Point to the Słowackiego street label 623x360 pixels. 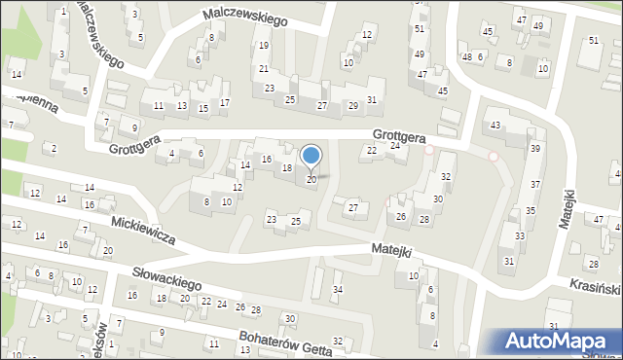(x=161, y=275)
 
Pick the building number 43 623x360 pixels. (x=495, y=126)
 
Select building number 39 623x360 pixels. (x=534, y=148)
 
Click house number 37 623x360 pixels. (x=534, y=184)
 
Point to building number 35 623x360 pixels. (x=531, y=210)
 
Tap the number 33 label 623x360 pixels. (x=520, y=235)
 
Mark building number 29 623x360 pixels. (x=352, y=105)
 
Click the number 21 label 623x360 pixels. (x=264, y=69)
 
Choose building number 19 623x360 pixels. (x=264, y=46)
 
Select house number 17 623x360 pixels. (x=225, y=102)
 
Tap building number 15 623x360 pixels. (x=202, y=107)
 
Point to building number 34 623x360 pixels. (x=338, y=289)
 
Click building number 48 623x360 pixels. (x=466, y=56)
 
